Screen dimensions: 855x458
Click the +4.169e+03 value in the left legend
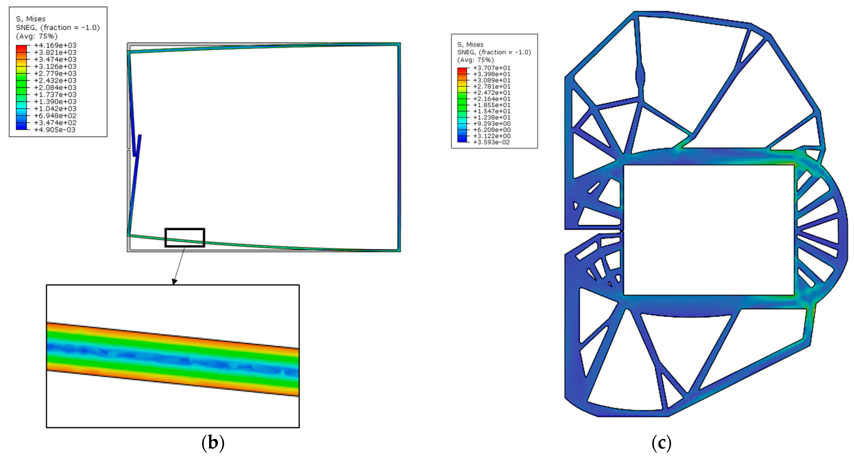click(x=55, y=45)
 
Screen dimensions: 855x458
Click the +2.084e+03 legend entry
click(x=55, y=87)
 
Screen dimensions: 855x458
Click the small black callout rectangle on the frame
click(x=185, y=228)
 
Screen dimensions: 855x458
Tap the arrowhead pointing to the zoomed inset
click(x=174, y=282)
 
